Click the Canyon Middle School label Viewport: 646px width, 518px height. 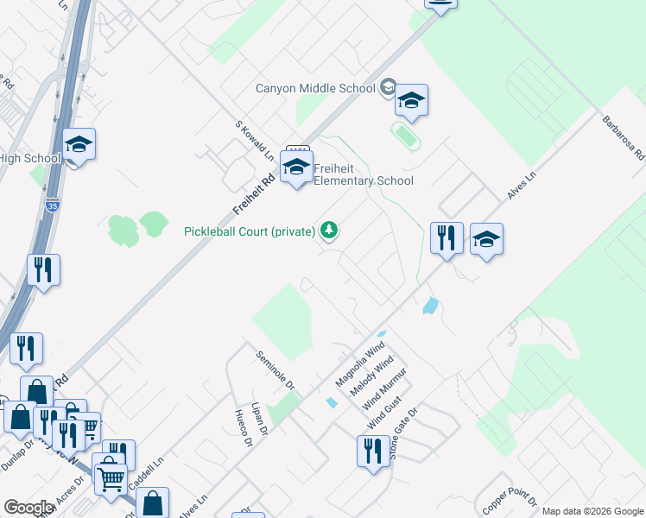pos(315,88)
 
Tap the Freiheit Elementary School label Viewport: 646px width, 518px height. pos(363,174)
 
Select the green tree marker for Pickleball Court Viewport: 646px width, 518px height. pos(328,230)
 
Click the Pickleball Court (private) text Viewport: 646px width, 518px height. pos(250,231)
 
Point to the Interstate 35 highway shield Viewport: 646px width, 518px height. pos(52,205)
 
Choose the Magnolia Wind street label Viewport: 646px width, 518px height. pos(359,366)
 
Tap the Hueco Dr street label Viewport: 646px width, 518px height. pos(243,428)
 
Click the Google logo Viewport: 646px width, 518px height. pos(28,508)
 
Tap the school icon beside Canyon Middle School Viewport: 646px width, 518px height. pos(412,101)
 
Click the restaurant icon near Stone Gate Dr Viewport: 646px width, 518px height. pos(373,452)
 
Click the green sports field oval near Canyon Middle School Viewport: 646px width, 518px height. pos(403,134)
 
